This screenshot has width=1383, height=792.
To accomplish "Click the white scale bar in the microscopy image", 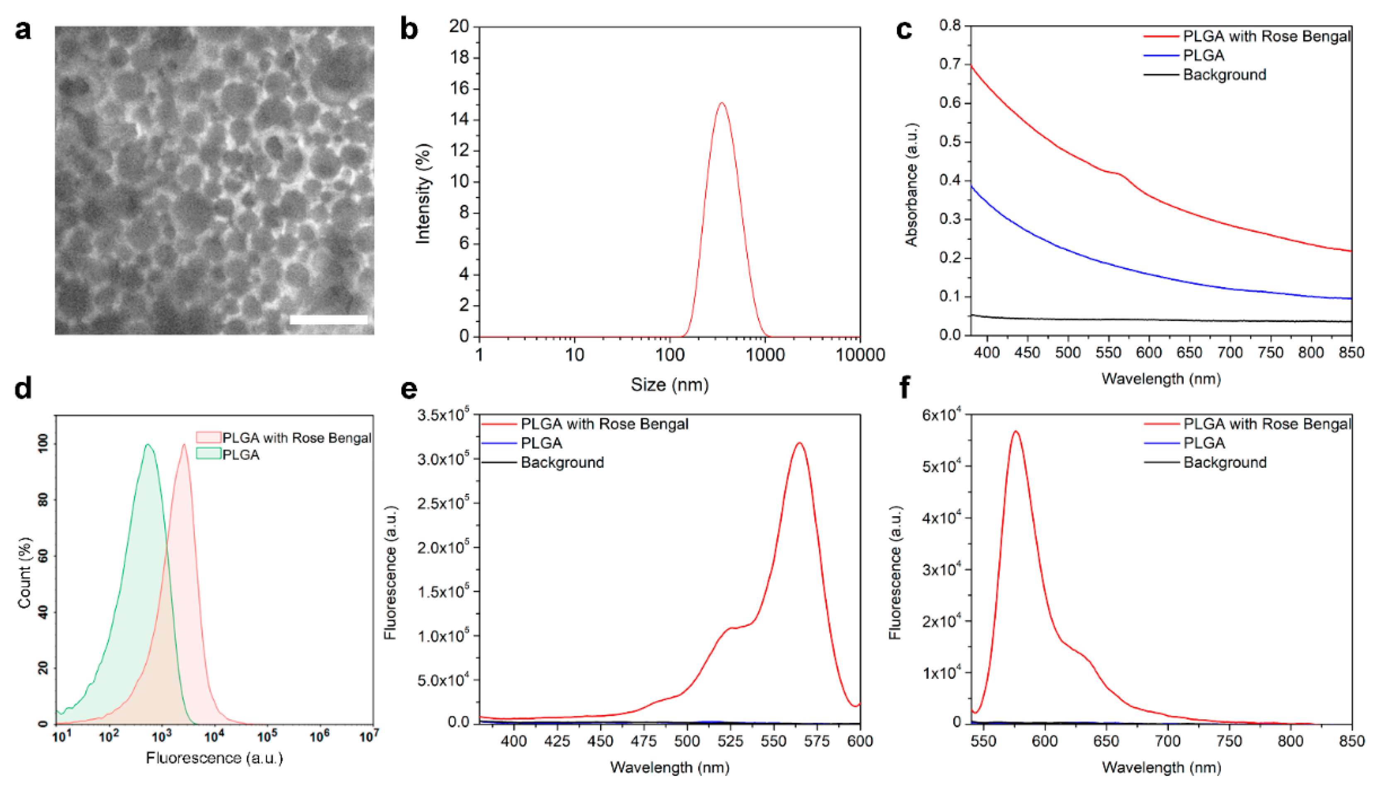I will (x=328, y=319).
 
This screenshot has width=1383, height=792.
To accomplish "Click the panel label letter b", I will (x=409, y=29).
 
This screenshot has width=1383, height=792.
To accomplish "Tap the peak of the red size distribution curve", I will (x=722, y=103).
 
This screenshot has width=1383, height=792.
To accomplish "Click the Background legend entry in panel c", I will (x=1224, y=75).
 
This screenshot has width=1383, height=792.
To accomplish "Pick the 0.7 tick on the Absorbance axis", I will (x=950, y=64).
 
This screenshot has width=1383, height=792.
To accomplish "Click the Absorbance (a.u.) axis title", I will (x=911, y=185).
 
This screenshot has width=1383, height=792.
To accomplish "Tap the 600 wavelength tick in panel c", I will (x=1149, y=352).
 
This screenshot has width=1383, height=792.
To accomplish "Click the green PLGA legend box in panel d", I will (x=208, y=454).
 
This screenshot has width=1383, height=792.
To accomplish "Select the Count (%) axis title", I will (x=24, y=572).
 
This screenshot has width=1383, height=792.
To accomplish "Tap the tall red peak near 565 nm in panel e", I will (x=799, y=443).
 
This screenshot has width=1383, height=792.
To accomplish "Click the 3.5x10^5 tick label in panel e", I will (x=443, y=415).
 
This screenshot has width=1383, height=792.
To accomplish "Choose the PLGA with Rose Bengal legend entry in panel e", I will (x=604, y=424).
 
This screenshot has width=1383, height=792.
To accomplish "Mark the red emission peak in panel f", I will (x=1015, y=432).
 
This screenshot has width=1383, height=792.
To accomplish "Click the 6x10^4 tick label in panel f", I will (x=941, y=415).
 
